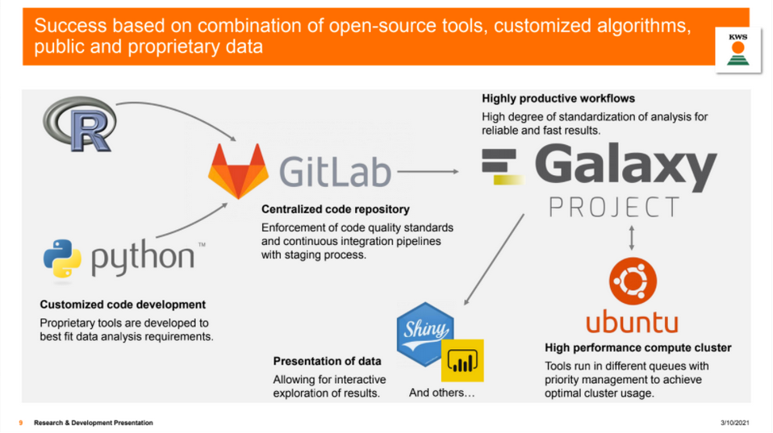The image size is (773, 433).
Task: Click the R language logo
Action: point(80,123)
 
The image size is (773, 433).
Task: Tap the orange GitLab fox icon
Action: point(239,171)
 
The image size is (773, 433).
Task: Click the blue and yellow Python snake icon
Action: point(62,259)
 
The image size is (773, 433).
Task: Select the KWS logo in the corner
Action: point(738,50)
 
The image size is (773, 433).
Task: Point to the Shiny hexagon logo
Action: point(425,334)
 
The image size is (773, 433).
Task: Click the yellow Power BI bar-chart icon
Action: point(462,360)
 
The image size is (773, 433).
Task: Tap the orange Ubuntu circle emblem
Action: point(633,281)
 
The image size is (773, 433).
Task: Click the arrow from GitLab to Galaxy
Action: point(428,172)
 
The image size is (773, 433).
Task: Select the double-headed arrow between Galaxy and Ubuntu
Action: point(632,238)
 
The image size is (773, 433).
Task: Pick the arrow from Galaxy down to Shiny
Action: point(494,260)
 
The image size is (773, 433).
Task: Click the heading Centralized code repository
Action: point(335,210)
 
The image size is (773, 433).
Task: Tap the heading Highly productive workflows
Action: point(558,98)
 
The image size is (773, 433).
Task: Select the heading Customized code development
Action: point(123,305)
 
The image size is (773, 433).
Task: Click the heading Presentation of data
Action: point(327,361)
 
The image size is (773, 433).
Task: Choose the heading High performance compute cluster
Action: point(638,348)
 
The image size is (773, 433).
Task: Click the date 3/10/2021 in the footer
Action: point(734,423)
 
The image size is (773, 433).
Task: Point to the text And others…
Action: point(441,393)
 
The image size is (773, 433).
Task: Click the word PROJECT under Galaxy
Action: point(615,207)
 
